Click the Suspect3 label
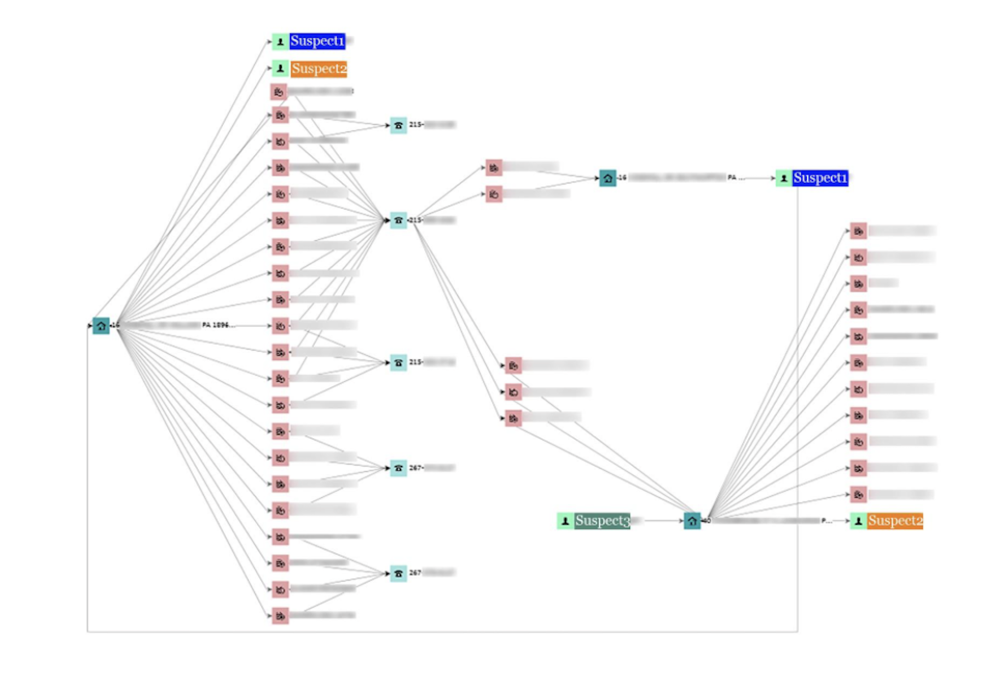[602, 520]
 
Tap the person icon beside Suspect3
[565, 521]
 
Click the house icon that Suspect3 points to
[692, 521]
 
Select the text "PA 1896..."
[218, 325]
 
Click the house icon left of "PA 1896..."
[101, 326]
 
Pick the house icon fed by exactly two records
[607, 178]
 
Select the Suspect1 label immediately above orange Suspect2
[317, 41]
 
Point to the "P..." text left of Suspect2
[826, 520]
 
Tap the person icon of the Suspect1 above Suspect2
[280, 42]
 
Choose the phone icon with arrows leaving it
[398, 220]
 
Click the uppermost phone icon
[398, 125]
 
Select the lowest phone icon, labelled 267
[398, 573]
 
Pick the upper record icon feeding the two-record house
[494, 167]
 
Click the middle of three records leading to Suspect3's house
[513, 392]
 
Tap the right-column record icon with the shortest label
[858, 283]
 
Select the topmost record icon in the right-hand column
[858, 231]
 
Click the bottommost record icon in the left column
[280, 615]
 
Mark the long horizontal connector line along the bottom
[438, 632]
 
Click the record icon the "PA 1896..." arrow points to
[280, 326]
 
